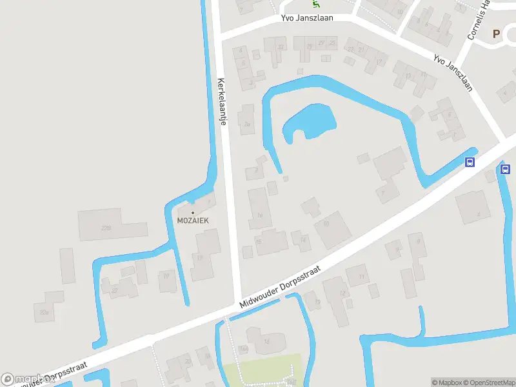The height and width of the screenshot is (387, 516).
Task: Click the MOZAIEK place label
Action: point(193,219)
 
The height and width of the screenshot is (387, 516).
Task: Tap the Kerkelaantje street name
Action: point(222,102)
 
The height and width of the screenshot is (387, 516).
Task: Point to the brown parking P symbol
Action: point(496,34)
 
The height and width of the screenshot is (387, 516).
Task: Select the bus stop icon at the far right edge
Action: point(504,169)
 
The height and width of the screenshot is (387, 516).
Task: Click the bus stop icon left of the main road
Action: point(470,163)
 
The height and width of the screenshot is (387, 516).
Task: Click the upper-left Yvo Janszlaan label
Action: point(307,18)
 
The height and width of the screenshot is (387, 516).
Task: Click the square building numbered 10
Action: point(332,230)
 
